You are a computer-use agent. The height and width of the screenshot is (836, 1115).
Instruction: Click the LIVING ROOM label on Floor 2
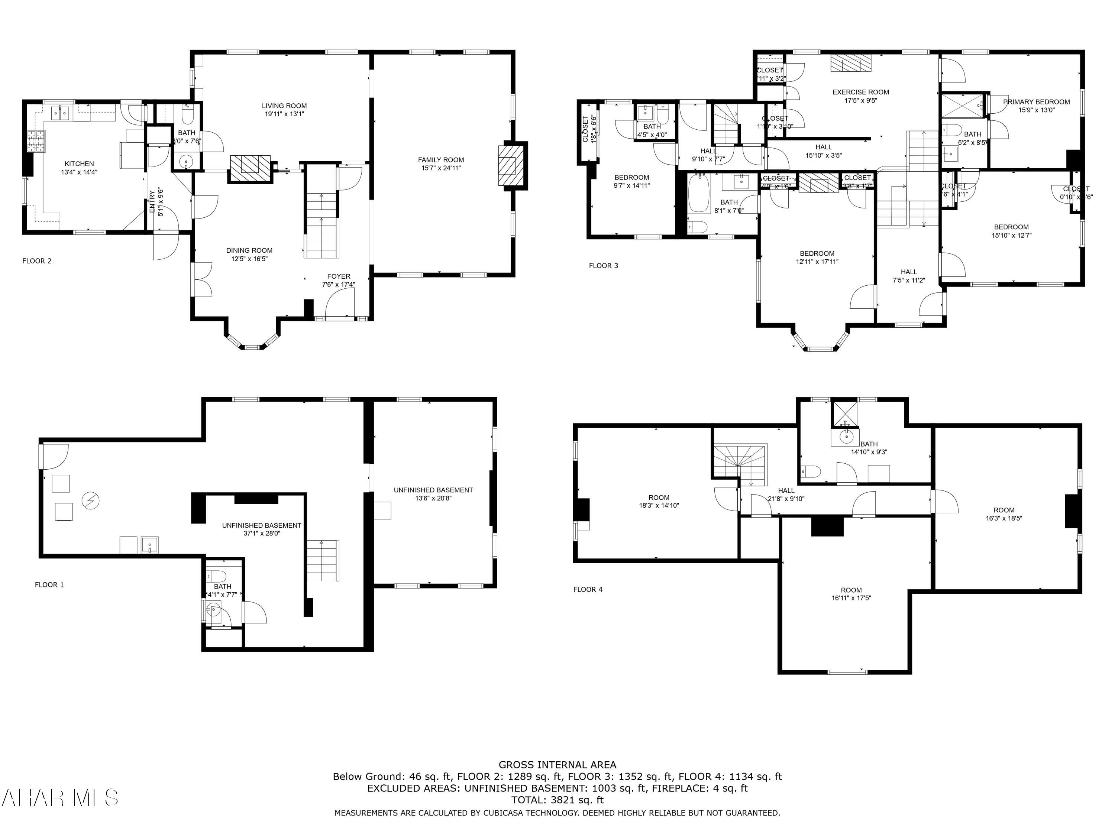[284, 106]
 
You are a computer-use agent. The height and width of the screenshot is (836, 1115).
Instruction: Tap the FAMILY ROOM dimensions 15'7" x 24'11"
[441, 168]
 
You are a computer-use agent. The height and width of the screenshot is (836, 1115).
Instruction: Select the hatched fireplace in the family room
[507, 165]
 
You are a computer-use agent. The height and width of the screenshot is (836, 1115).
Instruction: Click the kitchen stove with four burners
[36, 141]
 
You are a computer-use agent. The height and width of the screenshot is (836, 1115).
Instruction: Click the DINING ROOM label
[249, 250]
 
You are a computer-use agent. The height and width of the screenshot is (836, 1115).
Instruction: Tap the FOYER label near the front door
[338, 276]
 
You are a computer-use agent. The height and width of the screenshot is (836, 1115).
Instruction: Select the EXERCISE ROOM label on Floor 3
[860, 92]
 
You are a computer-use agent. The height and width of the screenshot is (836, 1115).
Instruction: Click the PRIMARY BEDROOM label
[1036, 102]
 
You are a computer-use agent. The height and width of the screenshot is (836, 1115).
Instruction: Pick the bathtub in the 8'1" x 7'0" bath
[699, 194]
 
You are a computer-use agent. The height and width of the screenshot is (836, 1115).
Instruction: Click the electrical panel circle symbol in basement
[91, 500]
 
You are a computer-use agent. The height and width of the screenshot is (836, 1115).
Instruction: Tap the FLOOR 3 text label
[603, 266]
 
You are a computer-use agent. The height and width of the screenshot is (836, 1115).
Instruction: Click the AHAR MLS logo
[59, 798]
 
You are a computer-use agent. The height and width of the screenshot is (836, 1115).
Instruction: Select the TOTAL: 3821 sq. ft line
[557, 800]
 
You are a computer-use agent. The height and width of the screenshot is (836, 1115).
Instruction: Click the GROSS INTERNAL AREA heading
[557, 765]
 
